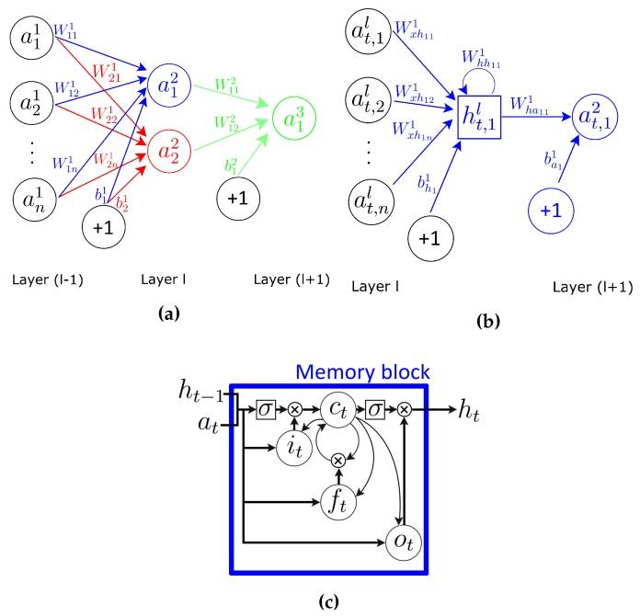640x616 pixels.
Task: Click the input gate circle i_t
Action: pyautogui.click(x=293, y=448)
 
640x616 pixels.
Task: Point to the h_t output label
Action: pyautogui.click(x=472, y=411)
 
